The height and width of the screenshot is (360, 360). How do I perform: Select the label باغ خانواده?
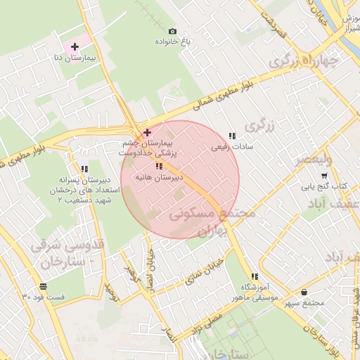172,41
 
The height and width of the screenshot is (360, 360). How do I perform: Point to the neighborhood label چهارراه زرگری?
303,61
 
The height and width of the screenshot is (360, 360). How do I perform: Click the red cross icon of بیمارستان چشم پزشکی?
146,132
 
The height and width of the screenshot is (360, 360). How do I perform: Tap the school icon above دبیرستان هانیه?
160,166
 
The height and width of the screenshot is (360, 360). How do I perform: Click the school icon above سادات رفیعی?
232,136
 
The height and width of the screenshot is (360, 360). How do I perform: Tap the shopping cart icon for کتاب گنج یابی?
324,176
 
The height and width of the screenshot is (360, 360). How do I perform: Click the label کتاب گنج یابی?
330,187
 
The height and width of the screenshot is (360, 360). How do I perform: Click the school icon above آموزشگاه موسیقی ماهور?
254,276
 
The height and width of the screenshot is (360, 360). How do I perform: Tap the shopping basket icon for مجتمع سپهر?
304,292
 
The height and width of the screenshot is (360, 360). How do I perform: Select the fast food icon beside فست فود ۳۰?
44,286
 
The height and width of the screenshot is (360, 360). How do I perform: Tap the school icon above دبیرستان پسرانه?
84,169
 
